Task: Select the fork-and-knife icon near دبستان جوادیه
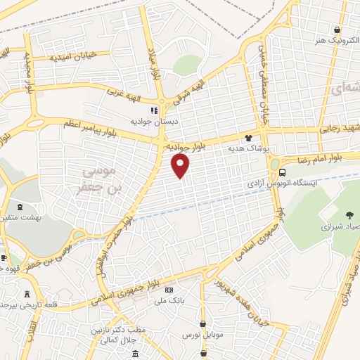[154, 110]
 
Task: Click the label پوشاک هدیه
[247, 149]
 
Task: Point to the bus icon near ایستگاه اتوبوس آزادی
[282, 172]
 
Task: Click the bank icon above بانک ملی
[169, 290]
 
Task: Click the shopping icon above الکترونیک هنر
[338, 30]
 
